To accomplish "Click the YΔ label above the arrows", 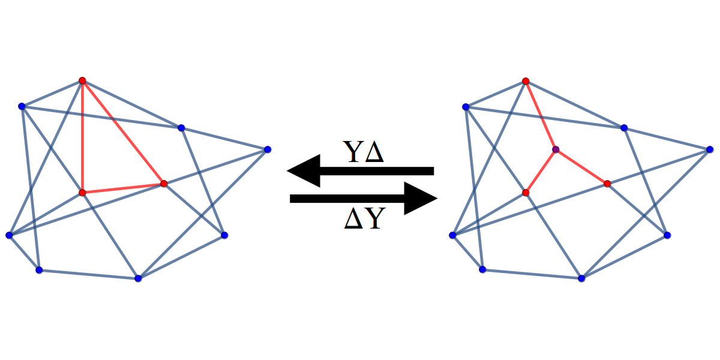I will (x=363, y=152).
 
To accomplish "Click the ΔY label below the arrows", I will (x=363, y=220).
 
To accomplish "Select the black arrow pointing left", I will (x=360, y=171).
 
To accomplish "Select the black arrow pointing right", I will (x=363, y=199).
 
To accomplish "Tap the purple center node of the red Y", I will (x=556, y=149).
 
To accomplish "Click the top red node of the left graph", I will (x=82, y=80).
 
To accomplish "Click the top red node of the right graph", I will (x=526, y=81).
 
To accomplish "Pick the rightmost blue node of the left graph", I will (x=268, y=149).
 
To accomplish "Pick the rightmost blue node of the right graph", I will (x=710, y=149).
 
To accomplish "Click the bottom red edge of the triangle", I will (x=123, y=188).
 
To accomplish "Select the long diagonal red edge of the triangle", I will (x=123, y=132).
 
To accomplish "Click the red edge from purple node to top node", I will (x=541, y=115).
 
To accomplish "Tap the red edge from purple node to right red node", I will (x=581, y=167).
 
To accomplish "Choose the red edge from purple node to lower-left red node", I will (x=541, y=171).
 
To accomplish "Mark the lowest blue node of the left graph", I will (x=138, y=278).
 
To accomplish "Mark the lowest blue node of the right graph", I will (x=581, y=278).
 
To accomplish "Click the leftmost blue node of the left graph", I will (x=9, y=235).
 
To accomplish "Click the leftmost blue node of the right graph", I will (x=452, y=235).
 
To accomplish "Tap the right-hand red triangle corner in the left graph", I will (x=164, y=184).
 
